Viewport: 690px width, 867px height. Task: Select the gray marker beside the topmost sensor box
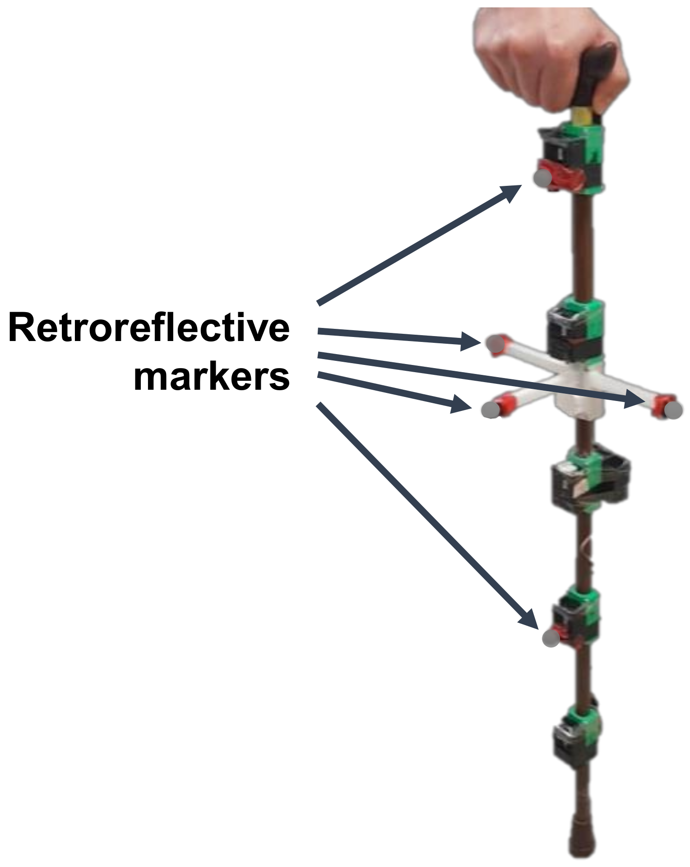point(542,178)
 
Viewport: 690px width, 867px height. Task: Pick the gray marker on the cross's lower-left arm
point(491,409)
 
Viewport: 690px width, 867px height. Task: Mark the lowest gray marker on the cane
point(551,638)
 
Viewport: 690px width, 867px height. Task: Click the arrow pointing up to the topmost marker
point(420,244)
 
